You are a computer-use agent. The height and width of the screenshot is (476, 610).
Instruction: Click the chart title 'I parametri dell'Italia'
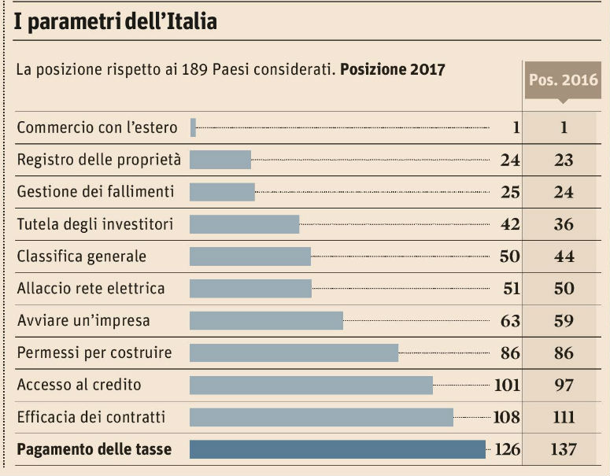pos(115,22)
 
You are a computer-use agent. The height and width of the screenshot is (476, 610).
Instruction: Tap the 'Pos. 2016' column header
pos(563,79)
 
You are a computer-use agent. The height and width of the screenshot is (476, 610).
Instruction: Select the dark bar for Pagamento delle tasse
pos(338,449)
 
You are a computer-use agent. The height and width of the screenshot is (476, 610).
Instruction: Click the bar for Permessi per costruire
pos(294,352)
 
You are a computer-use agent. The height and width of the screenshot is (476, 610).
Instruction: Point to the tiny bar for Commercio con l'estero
pos(193,127)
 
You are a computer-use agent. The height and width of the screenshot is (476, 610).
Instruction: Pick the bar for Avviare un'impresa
pos(266,320)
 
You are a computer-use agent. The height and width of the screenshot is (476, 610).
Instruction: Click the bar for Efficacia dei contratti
pos(321,417)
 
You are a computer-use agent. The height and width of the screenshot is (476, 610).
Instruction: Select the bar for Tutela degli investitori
pos(244,224)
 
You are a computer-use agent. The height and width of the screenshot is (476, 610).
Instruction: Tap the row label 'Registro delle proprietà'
pos(99,160)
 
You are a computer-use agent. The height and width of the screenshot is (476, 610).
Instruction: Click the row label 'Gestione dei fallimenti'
pos(95,192)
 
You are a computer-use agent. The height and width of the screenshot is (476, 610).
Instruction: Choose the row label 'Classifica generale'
pos(82,256)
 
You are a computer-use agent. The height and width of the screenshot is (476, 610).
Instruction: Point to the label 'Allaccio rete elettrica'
pos(91,289)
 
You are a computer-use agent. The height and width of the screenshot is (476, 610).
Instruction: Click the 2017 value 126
pos(508,450)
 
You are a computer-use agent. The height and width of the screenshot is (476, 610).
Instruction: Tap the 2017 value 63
pos(510,321)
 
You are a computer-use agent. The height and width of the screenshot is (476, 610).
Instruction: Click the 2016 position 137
pos(564,450)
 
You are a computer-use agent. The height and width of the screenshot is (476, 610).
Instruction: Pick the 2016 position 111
pos(564,418)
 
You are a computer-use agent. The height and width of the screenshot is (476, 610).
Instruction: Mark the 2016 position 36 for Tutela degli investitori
pos(564,224)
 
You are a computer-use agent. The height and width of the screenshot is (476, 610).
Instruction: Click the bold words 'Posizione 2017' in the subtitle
pos(393,69)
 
